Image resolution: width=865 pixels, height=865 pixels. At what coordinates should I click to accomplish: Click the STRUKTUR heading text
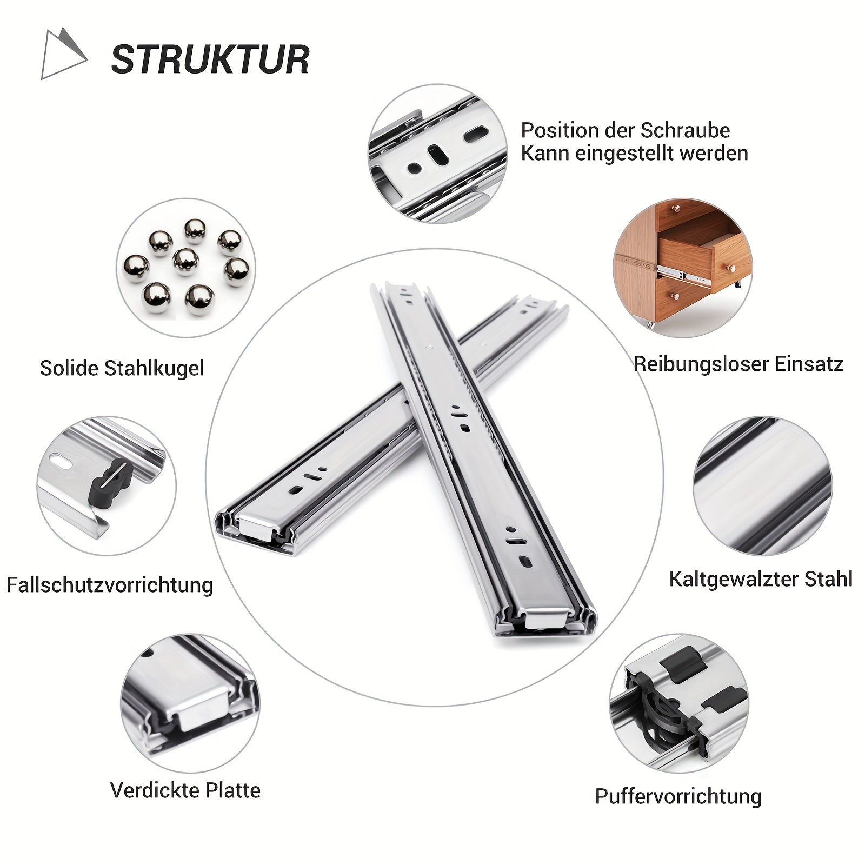[210, 59]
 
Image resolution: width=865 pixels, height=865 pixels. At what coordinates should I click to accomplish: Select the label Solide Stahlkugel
[122, 368]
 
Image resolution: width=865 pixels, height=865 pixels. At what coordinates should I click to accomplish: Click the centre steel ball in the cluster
[185, 261]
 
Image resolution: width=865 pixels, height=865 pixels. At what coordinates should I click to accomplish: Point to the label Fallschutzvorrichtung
[109, 585]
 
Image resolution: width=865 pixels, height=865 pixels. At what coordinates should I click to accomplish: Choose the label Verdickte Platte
[185, 790]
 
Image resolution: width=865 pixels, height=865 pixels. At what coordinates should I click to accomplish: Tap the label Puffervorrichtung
[678, 796]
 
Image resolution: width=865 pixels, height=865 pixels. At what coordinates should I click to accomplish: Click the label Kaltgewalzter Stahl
[761, 579]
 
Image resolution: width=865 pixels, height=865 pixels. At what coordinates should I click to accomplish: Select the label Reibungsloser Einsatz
[738, 364]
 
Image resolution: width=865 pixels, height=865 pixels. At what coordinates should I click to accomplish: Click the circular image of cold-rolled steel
[762, 486]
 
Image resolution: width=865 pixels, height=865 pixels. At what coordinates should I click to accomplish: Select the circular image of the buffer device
[679, 703]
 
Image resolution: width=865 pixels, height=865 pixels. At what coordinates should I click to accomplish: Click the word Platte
[232, 790]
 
